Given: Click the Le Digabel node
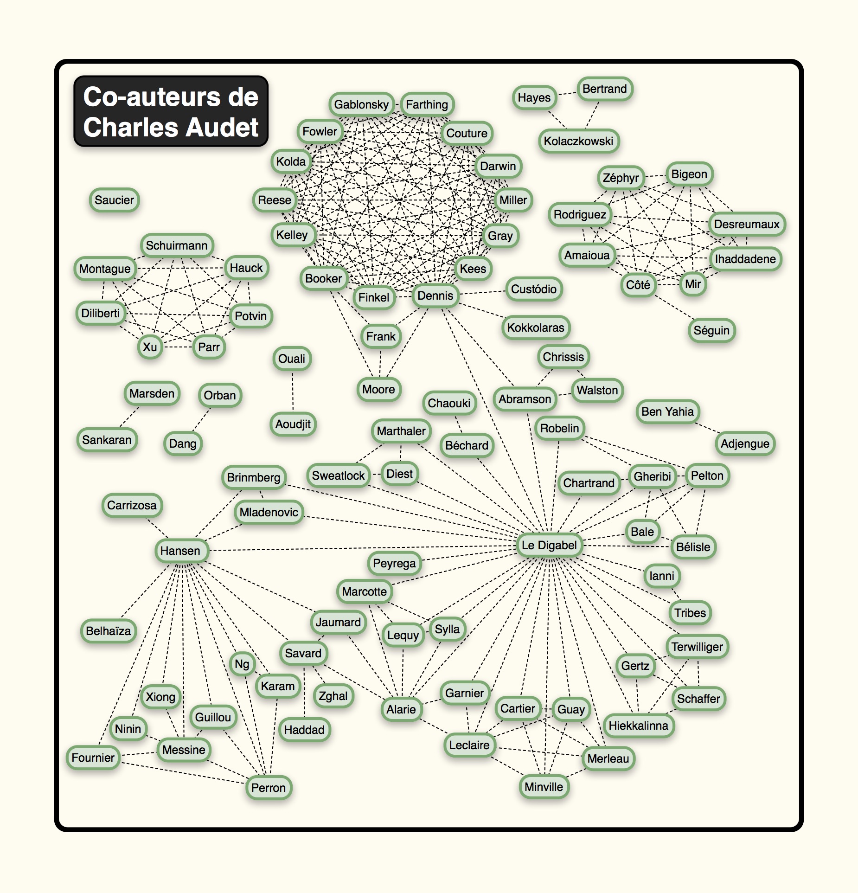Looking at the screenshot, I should pyautogui.click(x=549, y=545).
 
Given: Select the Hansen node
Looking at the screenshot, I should pyautogui.click(x=180, y=551).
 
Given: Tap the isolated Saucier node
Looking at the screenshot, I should pyautogui.click(x=114, y=200).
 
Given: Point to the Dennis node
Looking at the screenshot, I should pyautogui.click(x=435, y=296).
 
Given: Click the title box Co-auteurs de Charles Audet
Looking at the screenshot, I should pyautogui.click(x=171, y=111).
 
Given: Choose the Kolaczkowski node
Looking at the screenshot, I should pyautogui.click(x=578, y=141).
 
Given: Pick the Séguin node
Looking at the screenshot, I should pyautogui.click(x=711, y=330).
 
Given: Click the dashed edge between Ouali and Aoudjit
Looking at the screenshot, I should pyautogui.click(x=293, y=391).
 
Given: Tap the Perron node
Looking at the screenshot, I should pyautogui.click(x=269, y=787).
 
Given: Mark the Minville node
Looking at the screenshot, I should pyautogui.click(x=544, y=786).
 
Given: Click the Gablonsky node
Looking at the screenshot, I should pyautogui.click(x=361, y=104).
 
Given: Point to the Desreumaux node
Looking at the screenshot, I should pyautogui.click(x=746, y=224).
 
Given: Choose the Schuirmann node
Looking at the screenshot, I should pyautogui.click(x=177, y=245).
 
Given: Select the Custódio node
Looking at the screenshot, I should pyautogui.click(x=533, y=289).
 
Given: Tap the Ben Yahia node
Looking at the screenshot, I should pyautogui.click(x=667, y=411).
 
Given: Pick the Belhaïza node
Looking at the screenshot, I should pyautogui.click(x=109, y=631).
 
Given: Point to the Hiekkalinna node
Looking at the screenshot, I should pyautogui.click(x=638, y=726).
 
